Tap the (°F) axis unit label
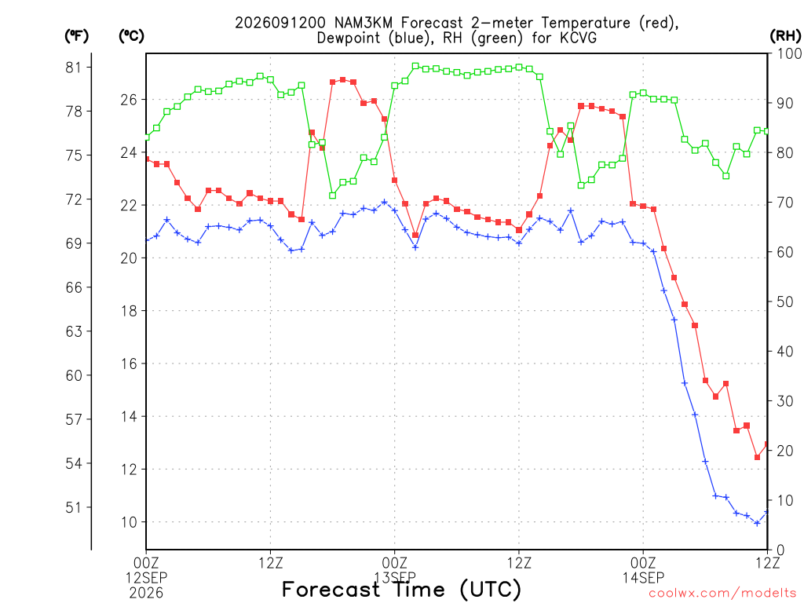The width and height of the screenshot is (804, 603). [76, 36]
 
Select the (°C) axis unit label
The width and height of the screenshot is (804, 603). [131, 36]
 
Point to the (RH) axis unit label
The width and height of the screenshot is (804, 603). [785, 36]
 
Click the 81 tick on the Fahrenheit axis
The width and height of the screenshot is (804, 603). [73, 68]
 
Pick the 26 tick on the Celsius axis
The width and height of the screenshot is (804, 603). [130, 100]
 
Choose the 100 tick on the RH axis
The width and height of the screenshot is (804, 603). [789, 53]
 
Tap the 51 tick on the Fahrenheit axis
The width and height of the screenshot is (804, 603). [73, 508]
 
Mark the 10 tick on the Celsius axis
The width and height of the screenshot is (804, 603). [130, 522]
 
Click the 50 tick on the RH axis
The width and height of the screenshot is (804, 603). [785, 301]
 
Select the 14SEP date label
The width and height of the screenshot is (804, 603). [644, 578]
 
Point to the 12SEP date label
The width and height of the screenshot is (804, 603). [147, 578]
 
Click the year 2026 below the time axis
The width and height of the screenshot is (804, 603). [147, 593]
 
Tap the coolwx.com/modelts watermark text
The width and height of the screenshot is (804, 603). [722, 594]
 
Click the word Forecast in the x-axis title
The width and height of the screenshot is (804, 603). [331, 590]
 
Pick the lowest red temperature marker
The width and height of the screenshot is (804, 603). [758, 457]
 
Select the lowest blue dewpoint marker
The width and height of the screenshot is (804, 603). [758, 523]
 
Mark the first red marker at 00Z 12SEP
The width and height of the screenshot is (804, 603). [147, 159]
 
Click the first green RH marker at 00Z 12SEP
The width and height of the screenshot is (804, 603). [147, 137]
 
